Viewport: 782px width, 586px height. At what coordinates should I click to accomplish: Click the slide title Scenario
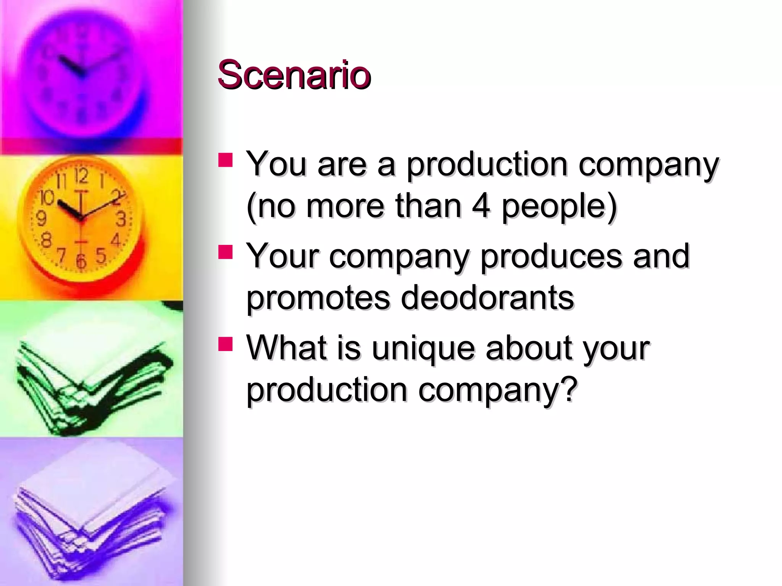pos(294,75)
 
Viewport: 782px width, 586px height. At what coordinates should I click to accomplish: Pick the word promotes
pos(318,298)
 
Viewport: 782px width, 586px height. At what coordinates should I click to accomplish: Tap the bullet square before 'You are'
pos(225,160)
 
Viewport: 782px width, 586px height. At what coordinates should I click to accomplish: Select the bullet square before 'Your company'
pos(225,252)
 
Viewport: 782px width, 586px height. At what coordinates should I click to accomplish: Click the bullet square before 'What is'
pos(225,343)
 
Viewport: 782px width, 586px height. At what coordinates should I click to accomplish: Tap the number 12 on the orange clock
pos(81,176)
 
